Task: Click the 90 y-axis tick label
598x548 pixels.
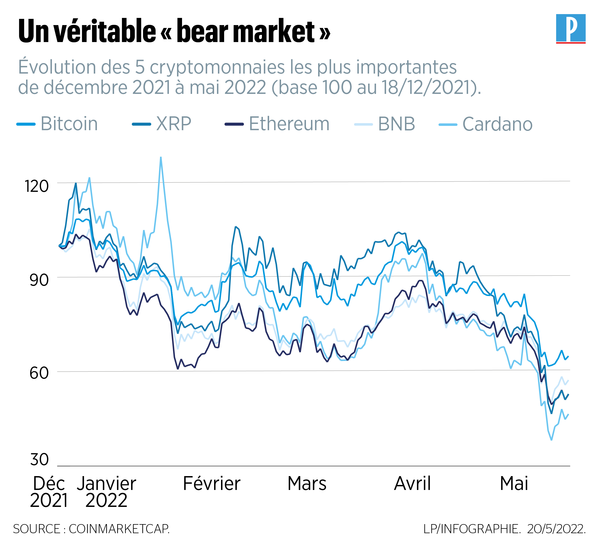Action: click(39, 280)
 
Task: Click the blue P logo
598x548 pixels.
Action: click(570, 28)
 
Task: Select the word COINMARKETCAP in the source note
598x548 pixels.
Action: click(119, 529)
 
